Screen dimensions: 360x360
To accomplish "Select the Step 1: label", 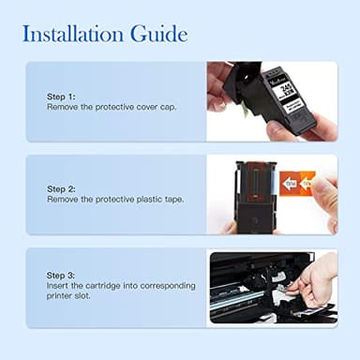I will [63, 97].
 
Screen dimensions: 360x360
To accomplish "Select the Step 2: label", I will [63, 188].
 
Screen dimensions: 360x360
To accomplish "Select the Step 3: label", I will [63, 274].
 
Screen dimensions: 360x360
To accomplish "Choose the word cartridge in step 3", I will [105, 284].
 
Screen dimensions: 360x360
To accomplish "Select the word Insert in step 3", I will [58, 284].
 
